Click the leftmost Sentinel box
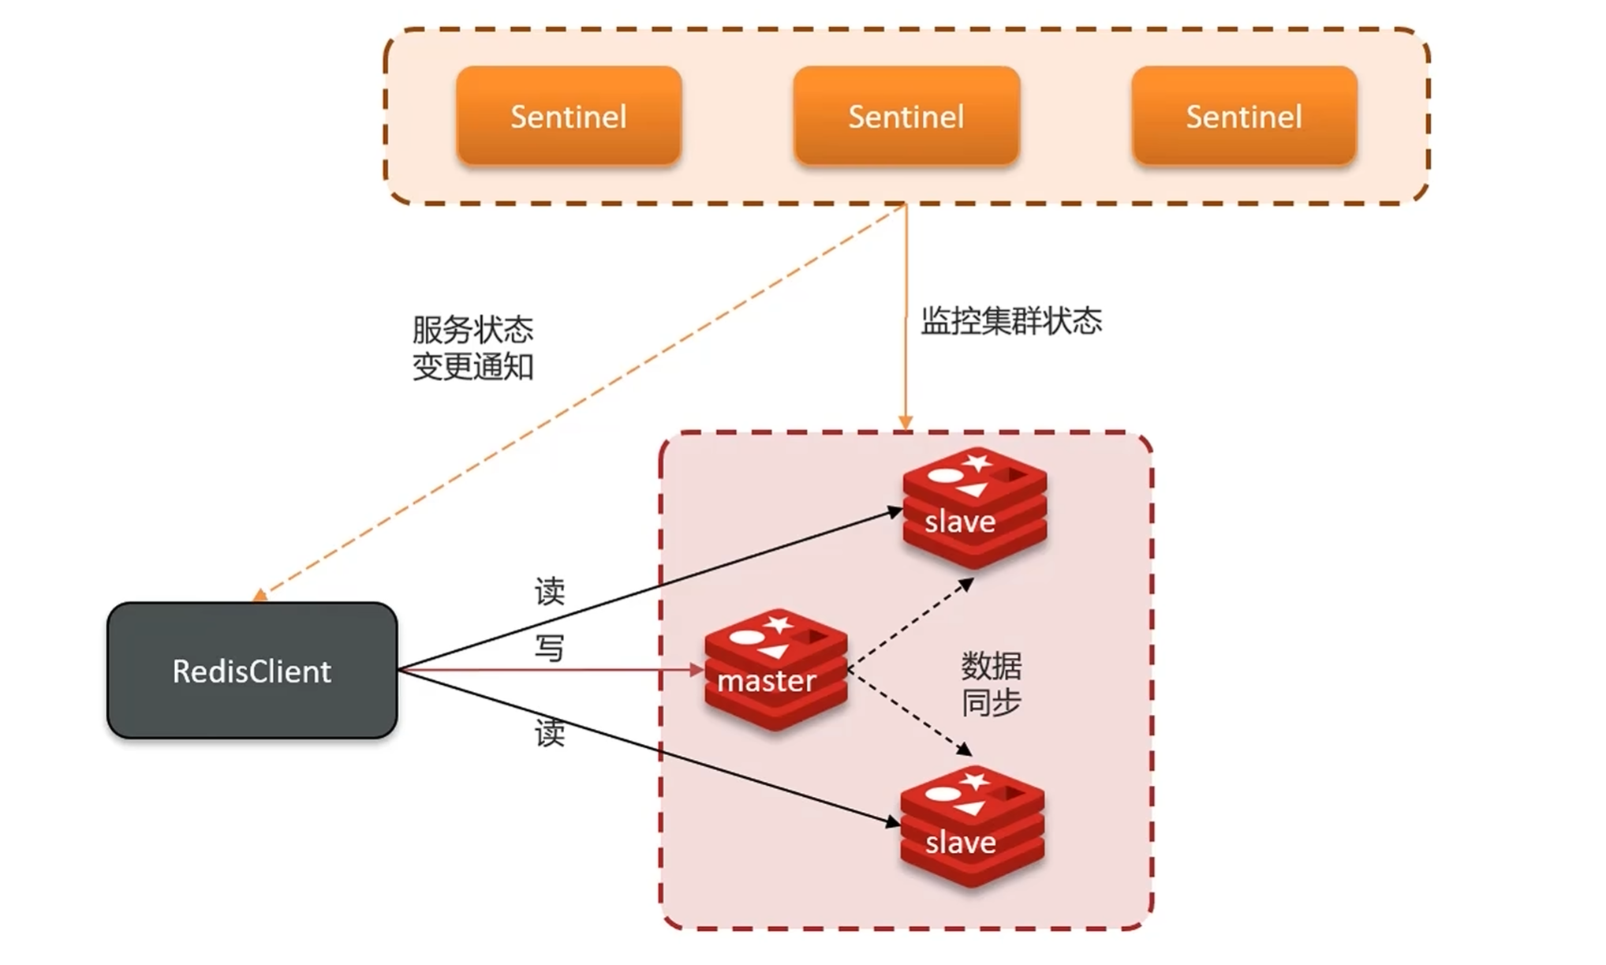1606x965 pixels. [568, 117]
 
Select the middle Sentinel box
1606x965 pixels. [906, 117]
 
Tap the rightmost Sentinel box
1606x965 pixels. [1244, 117]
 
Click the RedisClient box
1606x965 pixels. [252, 671]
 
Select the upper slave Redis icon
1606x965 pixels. [975, 507]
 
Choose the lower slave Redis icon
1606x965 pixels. [973, 826]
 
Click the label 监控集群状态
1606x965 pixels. [1011, 321]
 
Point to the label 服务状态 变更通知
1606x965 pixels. [472, 348]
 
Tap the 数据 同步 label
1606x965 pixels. [991, 684]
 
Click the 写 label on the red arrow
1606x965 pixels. [549, 648]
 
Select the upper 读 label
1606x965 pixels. [549, 591]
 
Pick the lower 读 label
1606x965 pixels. [549, 733]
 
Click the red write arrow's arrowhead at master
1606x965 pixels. [697, 670]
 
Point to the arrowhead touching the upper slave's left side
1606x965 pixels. [895, 512]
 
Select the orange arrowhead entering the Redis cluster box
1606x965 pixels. [906, 423]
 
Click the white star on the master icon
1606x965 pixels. [779, 624]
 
